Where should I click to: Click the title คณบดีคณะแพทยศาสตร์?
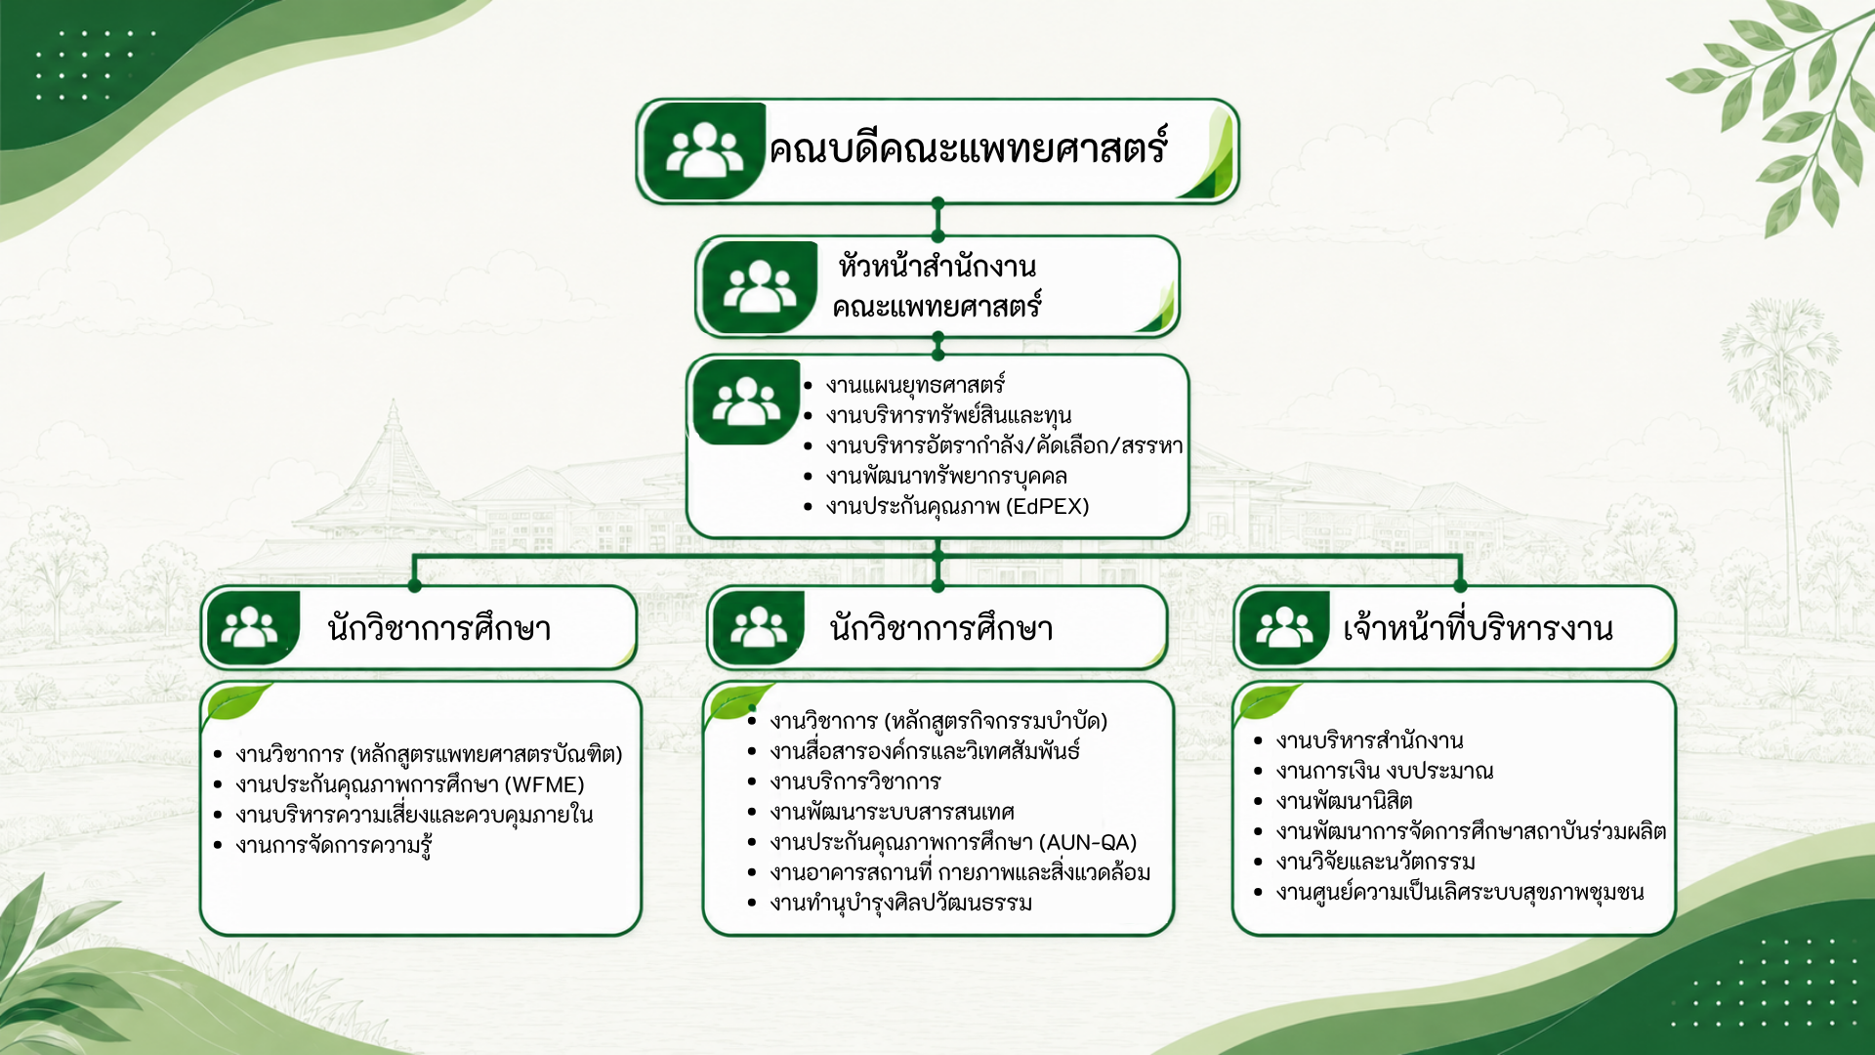coord(968,149)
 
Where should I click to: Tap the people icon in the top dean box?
coord(704,149)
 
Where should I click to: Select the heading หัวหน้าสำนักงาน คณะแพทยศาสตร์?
coord(937,286)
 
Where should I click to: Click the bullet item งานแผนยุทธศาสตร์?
coord(915,386)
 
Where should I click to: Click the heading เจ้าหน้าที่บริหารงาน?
coord(1478,628)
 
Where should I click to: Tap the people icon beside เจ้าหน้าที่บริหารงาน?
coord(1283,628)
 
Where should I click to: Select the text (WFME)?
coord(544,785)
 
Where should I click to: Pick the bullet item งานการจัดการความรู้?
coord(334,846)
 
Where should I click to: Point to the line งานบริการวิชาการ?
coord(854,782)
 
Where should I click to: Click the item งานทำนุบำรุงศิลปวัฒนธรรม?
coord(900,904)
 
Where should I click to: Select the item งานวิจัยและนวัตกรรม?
coord(1375,863)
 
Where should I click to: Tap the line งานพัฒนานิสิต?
coord(1344,802)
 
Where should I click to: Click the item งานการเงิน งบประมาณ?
coord(1384,772)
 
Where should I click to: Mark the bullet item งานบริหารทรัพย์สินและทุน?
coord(948,416)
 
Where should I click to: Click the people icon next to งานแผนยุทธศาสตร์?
coord(746,401)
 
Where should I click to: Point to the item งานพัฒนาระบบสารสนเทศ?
coord(892,813)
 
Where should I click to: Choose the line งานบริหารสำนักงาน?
coord(1369,741)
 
